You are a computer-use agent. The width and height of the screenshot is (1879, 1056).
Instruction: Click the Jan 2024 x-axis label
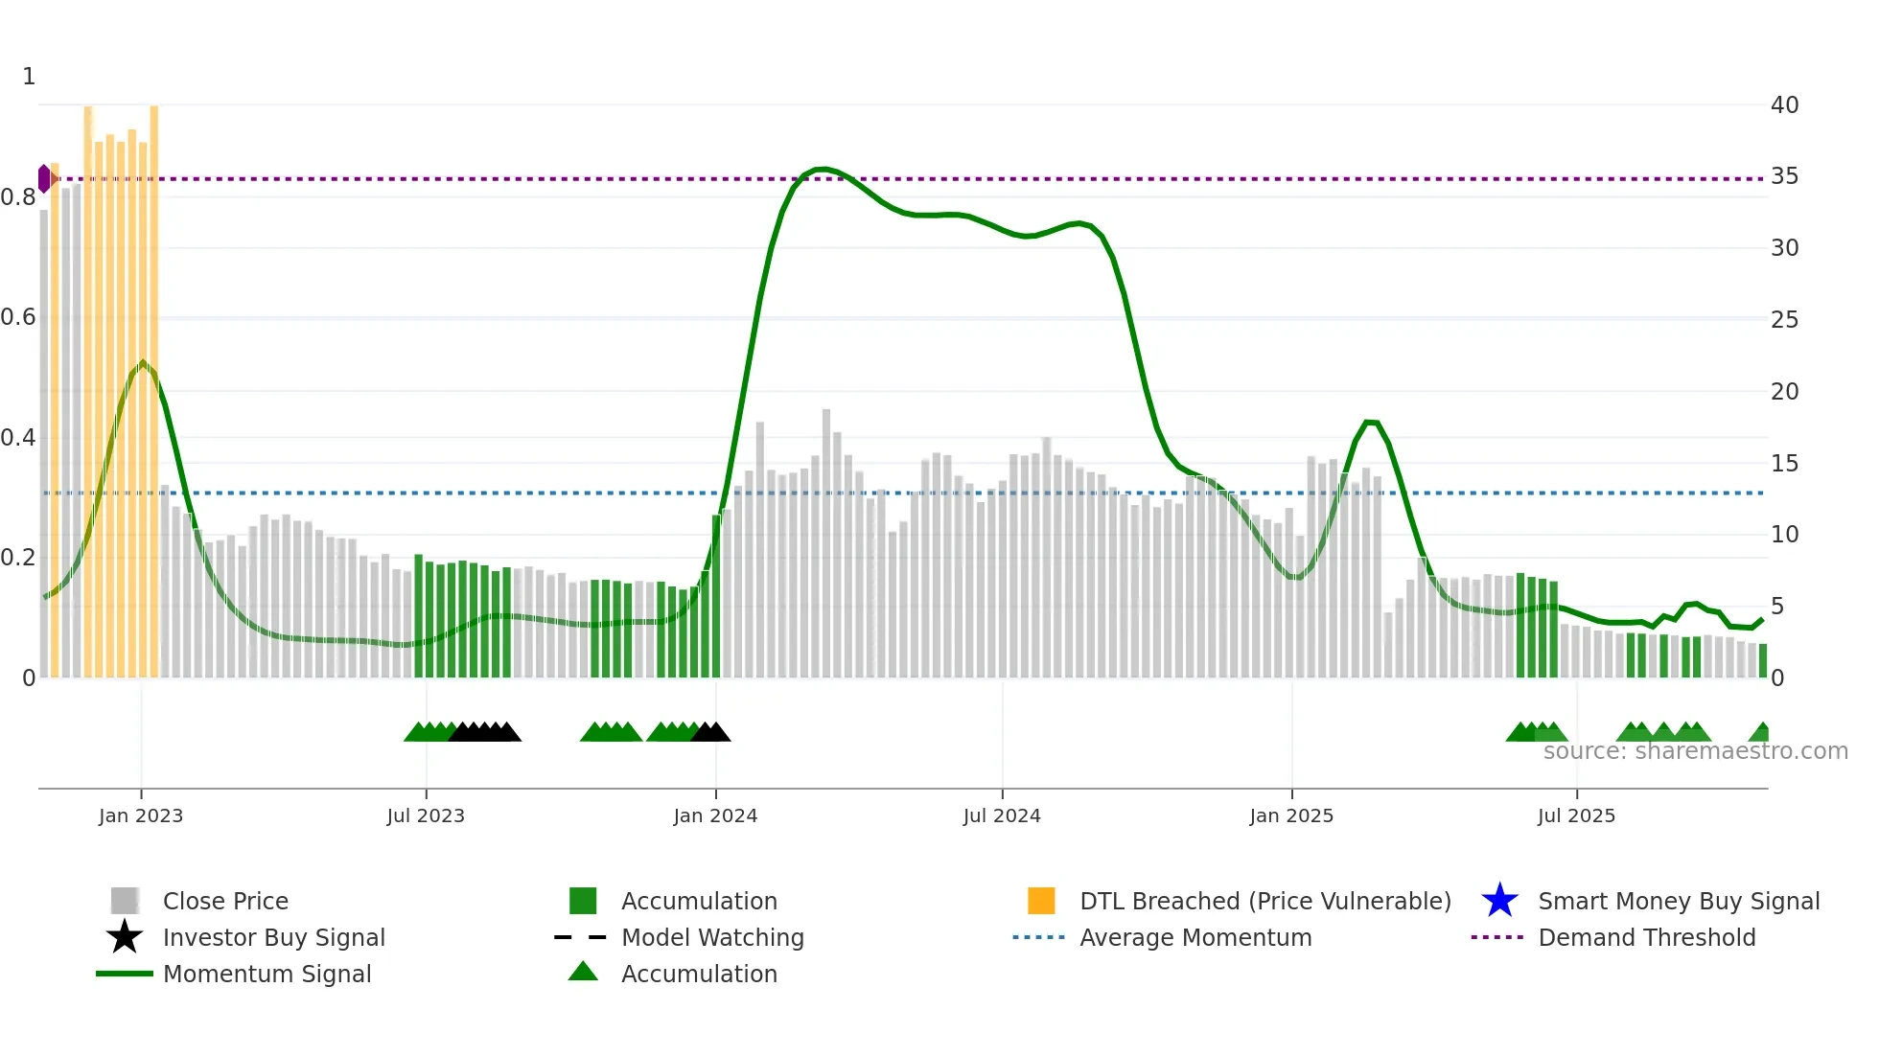[715, 815]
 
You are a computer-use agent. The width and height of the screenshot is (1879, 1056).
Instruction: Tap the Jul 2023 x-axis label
[426, 815]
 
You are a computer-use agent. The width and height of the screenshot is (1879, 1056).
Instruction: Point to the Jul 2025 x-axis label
[1576, 815]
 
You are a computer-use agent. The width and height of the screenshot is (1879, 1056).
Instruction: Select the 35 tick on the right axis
[1784, 176]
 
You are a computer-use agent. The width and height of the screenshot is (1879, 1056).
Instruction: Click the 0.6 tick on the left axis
[18, 317]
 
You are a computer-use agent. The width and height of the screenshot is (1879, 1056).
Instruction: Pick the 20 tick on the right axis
[1784, 391]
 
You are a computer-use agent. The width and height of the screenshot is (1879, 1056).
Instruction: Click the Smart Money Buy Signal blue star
[1499, 901]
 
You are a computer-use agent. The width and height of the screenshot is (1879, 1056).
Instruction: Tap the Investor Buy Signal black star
[125, 937]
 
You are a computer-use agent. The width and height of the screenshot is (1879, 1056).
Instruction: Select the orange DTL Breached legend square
[1041, 901]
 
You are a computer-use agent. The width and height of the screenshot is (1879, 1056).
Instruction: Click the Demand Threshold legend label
[1646, 937]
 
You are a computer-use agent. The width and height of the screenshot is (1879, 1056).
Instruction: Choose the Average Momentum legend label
[1195, 937]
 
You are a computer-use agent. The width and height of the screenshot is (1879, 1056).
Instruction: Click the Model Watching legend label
[712, 937]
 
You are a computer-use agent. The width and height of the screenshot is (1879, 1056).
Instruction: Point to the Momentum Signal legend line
[125, 974]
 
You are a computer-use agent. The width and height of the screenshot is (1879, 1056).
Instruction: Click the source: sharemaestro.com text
[1695, 751]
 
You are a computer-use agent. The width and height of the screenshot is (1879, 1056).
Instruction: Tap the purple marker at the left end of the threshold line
[44, 178]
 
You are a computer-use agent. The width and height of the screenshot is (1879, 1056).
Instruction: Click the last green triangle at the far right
[1761, 733]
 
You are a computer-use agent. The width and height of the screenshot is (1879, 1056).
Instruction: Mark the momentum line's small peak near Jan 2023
[143, 363]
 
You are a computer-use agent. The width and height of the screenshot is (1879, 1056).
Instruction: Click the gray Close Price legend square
[125, 901]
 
